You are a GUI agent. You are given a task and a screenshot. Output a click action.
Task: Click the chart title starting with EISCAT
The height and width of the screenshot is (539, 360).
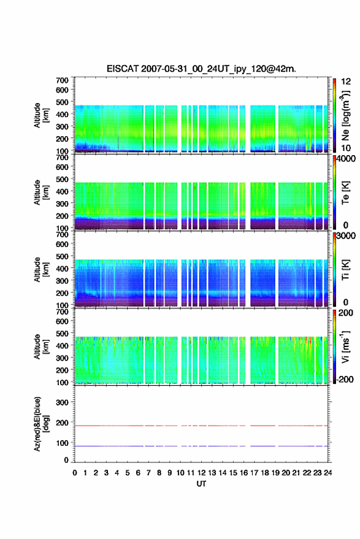[x=201, y=69]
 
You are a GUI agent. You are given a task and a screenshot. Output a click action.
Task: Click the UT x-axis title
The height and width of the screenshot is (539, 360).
[x=201, y=484]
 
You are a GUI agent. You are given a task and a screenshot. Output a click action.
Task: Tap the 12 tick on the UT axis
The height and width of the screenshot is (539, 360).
[x=202, y=473]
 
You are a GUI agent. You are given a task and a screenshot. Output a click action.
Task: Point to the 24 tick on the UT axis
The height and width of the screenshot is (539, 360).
[x=328, y=473]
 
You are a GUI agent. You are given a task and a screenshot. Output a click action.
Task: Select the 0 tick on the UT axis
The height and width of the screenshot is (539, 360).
[x=75, y=473]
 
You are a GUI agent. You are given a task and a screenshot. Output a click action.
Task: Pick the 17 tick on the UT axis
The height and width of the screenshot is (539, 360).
[x=254, y=473]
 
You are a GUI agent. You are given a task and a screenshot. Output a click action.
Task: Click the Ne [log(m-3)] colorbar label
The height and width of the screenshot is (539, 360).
[x=345, y=115]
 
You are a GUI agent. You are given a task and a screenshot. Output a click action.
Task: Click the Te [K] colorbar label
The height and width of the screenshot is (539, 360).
[x=345, y=193]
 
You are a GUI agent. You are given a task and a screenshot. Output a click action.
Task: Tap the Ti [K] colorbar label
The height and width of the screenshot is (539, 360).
[x=345, y=270]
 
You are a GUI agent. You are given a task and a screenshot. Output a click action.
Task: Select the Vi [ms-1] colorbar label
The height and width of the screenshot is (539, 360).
[x=345, y=346]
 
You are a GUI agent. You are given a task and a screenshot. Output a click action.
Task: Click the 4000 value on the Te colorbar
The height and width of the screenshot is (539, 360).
[x=346, y=159]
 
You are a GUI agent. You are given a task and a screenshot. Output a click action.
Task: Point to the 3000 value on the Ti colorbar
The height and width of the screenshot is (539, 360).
[x=346, y=236]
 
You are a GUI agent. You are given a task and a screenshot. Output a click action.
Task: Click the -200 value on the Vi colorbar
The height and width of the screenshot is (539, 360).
[x=344, y=380]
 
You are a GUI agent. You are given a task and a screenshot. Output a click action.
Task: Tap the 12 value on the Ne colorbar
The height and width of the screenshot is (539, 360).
[x=346, y=82]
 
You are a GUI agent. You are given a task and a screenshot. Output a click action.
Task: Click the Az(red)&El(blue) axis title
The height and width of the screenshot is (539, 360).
[x=41, y=424]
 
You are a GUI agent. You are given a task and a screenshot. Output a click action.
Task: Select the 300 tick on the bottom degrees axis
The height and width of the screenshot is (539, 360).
[x=62, y=402]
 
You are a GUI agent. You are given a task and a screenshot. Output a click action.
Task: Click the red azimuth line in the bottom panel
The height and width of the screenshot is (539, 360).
[x=201, y=426]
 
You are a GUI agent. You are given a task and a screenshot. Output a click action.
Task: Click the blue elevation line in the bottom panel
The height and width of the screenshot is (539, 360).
[x=201, y=446]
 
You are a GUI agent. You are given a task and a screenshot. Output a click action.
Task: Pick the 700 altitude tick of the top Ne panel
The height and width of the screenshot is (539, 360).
[x=62, y=80]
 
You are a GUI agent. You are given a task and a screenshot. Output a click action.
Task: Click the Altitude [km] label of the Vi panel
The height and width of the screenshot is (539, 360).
[x=41, y=346]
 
